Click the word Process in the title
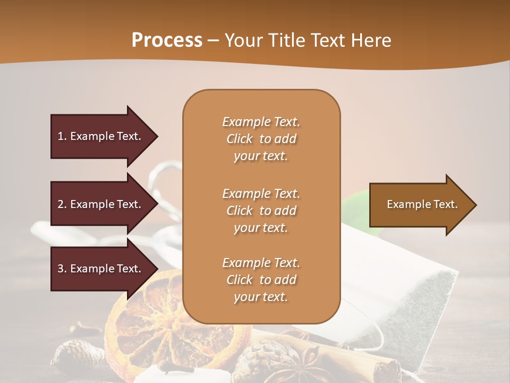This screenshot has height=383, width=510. coord(167,40)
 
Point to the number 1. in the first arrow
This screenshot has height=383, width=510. coord(62,136)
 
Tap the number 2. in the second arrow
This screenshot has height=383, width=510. coord(62,204)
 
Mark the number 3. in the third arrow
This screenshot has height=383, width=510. coord(62,269)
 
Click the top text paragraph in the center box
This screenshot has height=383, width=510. coord(261,139)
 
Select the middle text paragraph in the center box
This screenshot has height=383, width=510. coord(261,211)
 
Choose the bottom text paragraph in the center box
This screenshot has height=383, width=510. coord(261,280)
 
